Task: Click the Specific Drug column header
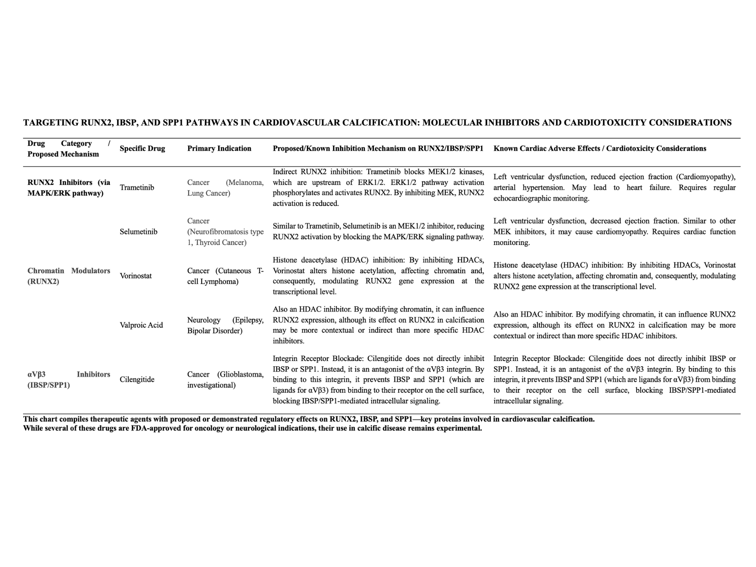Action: pos(142,149)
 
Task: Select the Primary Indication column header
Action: pos(219,149)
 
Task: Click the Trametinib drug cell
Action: pos(137,187)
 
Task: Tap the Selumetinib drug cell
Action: pos(138,232)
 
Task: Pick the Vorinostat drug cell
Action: pos(136,276)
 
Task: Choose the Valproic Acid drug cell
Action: pos(141,325)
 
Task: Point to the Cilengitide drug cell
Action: pos(137,380)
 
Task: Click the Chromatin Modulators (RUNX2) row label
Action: pos(69,276)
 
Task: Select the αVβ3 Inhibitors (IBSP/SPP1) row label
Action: pos(69,380)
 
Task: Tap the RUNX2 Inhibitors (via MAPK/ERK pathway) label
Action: pos(69,187)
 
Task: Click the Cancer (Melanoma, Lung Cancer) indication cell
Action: pos(225,187)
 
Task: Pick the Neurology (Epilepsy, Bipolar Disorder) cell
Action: pos(225,325)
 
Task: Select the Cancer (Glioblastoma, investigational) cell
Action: pos(225,380)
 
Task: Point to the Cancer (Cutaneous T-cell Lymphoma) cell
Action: pos(225,276)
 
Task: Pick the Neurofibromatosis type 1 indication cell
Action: pos(225,232)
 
